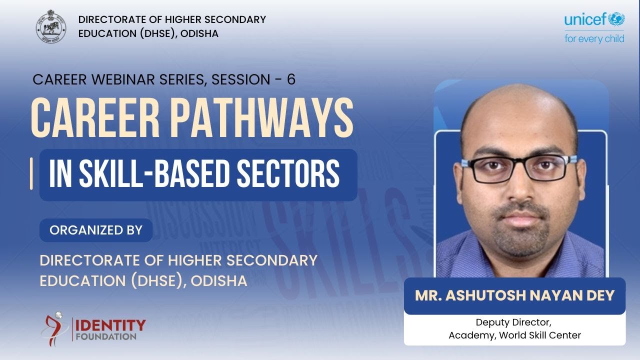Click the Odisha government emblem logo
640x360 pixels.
pos(50,26)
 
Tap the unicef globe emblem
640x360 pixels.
pos(616,20)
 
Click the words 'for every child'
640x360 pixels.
pos(594,39)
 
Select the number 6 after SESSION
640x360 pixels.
pos(291,79)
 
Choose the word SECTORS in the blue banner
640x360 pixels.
pos(287,174)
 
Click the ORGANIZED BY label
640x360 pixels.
pos(96,230)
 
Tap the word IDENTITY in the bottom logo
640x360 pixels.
pos(110,325)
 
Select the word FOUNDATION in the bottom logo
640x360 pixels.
pos(106,336)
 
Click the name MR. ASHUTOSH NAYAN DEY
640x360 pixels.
pos(514,295)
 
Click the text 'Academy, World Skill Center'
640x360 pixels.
pos(514,335)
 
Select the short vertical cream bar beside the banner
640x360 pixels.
pos(31,174)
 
